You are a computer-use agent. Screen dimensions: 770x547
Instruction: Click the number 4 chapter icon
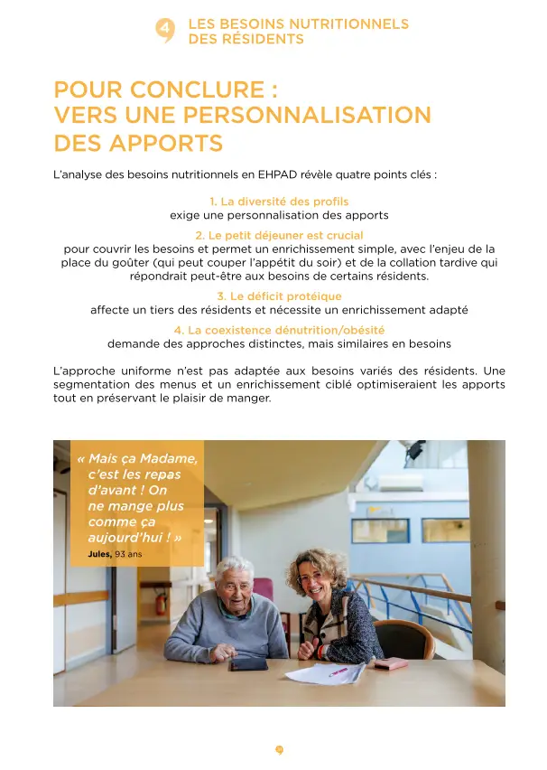click(165, 30)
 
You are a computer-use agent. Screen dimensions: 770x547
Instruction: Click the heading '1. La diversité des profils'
click(279, 201)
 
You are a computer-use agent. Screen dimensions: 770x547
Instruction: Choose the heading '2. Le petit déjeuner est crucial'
click(279, 235)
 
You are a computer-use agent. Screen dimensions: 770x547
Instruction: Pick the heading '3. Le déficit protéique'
click(279, 296)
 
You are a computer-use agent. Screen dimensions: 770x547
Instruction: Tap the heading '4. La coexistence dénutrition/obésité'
click(279, 330)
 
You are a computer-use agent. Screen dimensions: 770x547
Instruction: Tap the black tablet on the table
click(247, 664)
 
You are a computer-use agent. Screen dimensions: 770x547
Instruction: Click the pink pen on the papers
click(338, 671)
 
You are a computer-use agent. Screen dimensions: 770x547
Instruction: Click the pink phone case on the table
click(392, 664)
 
